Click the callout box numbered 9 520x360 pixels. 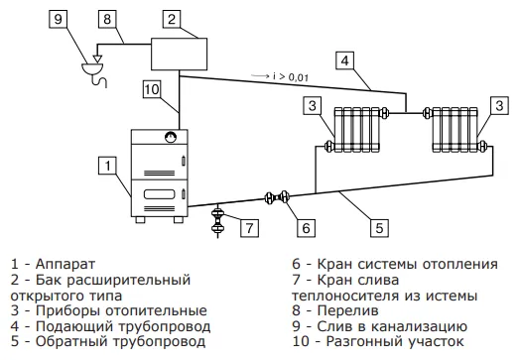pos(58,19)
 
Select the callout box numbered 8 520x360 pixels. pos(107,19)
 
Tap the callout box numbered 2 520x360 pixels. pos(172,19)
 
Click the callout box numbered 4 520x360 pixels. pos(345,60)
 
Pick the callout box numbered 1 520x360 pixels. pos(107,166)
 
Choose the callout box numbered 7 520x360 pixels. pos(249,228)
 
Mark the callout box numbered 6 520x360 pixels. pos(306,228)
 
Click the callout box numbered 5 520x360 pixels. pos(379,228)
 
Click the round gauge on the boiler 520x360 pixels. pos(171,137)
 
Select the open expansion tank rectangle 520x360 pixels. pos(179,54)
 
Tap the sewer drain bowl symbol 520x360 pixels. pos(92,68)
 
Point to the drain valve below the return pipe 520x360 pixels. pos(217,220)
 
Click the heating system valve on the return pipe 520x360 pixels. pos(277,197)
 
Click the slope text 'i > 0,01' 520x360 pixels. pos(291,77)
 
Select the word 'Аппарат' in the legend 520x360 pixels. pos(65,264)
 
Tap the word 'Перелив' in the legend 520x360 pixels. pos(347,310)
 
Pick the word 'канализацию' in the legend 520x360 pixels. pos(419,326)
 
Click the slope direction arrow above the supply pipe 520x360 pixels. pos(260,76)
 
